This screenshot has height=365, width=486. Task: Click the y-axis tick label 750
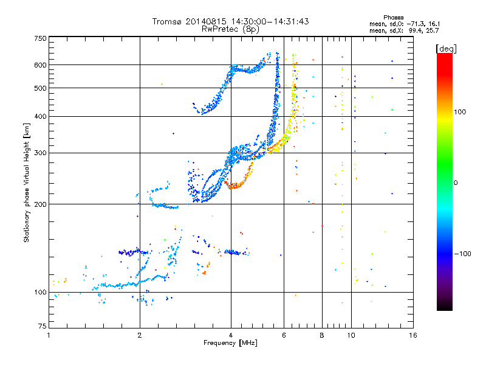tap(41, 38)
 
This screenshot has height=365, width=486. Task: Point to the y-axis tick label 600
tap(41, 65)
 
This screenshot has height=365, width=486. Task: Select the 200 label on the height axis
tap(41, 204)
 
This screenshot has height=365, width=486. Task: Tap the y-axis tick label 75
tap(43, 326)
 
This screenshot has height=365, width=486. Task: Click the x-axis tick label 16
tap(413, 335)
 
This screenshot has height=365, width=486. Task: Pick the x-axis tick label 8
tap(322, 335)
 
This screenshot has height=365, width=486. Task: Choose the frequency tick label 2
tap(140, 335)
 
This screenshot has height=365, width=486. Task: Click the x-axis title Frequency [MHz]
tap(230, 343)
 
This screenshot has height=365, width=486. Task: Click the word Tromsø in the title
tap(168, 21)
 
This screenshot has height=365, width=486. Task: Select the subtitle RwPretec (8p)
tap(230, 29)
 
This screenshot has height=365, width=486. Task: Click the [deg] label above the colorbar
tap(446, 49)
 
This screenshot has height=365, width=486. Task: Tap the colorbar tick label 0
tap(456, 183)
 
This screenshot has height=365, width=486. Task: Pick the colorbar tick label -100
tap(462, 254)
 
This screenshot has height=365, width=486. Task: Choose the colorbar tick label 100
tap(460, 112)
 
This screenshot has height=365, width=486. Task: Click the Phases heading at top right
tap(393, 18)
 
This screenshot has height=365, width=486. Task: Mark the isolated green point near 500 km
tap(162, 84)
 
